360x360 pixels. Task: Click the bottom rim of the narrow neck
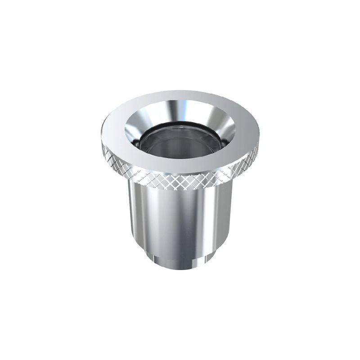pyautogui.click(x=180, y=269)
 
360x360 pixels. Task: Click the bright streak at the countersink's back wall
pyautogui.click(x=180, y=108)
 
